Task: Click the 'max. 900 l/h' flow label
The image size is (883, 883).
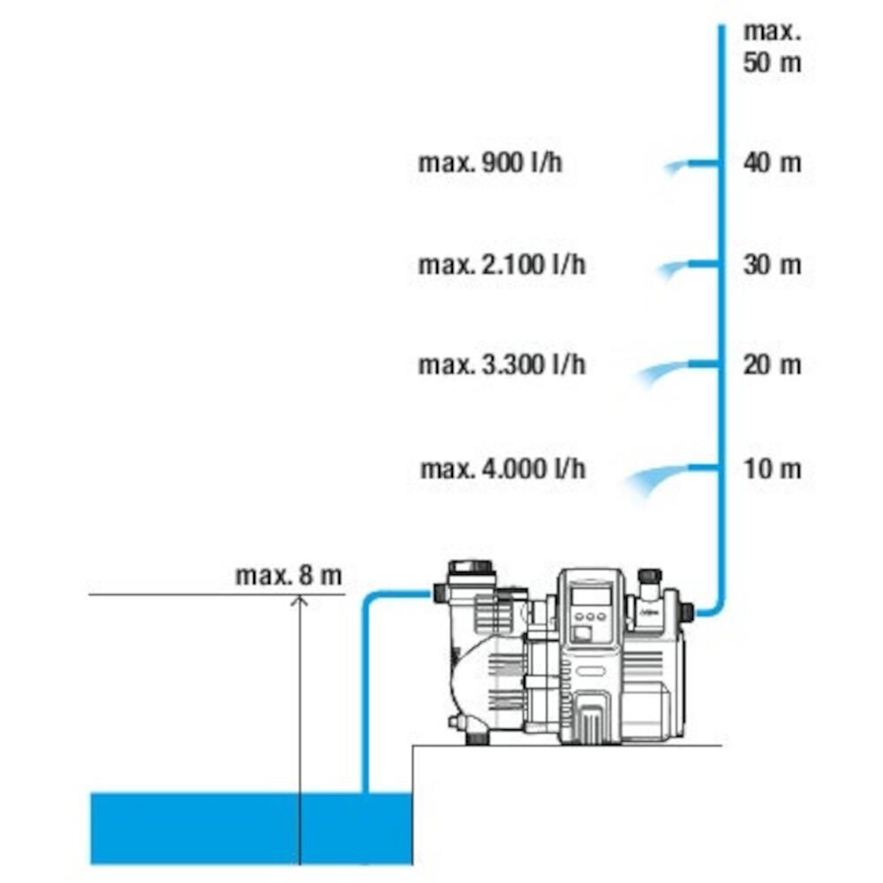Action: click(x=490, y=162)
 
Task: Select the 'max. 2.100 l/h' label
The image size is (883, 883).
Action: click(x=502, y=264)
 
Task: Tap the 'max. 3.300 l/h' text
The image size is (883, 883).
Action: click(x=502, y=365)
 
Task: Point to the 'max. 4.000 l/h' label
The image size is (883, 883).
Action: click(x=503, y=469)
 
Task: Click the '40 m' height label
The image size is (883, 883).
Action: click(x=772, y=162)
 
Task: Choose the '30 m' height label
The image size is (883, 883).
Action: click(x=772, y=264)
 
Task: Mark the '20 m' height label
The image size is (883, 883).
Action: click(x=772, y=365)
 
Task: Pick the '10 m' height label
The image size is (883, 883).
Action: click(x=772, y=469)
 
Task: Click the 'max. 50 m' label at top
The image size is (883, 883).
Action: click(x=772, y=47)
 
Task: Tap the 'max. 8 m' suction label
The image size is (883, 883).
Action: click(x=289, y=576)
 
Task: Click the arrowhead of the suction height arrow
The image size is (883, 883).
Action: click(x=300, y=600)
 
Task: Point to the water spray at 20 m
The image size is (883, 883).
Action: click(x=660, y=373)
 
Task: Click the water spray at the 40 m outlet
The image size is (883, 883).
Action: click(x=675, y=167)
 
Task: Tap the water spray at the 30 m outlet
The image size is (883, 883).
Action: click(x=672, y=269)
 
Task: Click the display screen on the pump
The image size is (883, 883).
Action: click(x=590, y=596)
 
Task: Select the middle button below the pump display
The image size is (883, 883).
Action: click(x=590, y=616)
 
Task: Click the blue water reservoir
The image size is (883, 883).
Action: click(x=252, y=828)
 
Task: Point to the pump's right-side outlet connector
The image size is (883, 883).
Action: click(x=688, y=612)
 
